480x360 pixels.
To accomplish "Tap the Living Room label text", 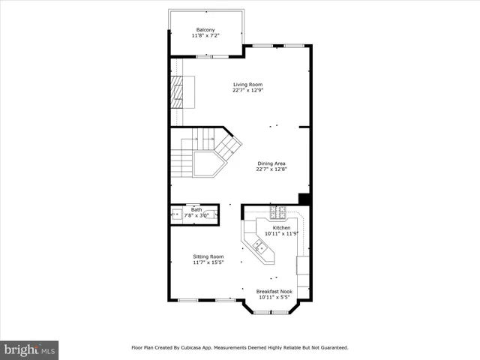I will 247,85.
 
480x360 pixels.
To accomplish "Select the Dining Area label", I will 271,163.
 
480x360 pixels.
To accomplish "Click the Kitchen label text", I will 281,227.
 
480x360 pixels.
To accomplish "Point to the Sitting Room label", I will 208,256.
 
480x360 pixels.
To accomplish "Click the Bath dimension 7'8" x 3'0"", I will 196,216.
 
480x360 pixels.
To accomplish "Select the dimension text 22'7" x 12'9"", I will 248,91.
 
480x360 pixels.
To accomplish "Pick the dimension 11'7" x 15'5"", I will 208,262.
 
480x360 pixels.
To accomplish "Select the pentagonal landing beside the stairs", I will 208,163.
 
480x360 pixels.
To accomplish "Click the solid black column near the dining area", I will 304,199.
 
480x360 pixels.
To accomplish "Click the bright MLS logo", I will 30,349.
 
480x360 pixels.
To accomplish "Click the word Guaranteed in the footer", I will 331,347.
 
